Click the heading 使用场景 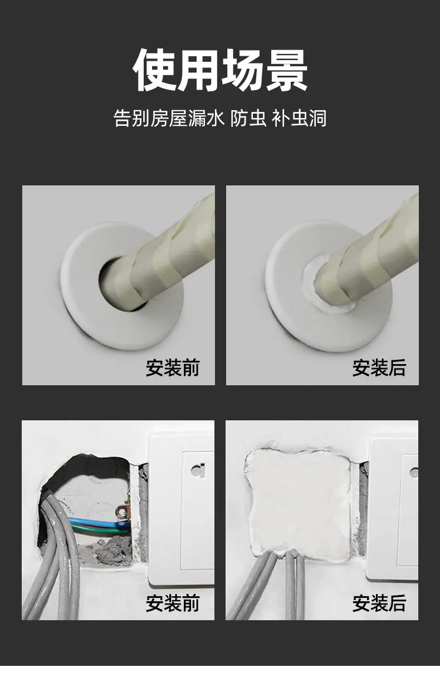pos(220,70)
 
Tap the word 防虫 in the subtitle pos(248,118)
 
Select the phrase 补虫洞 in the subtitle pos(299,118)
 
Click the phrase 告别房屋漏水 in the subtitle pos(169,118)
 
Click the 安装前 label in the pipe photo pos(173,367)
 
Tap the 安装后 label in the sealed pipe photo pos(379,367)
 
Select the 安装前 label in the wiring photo pos(173,603)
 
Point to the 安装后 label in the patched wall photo pos(379,603)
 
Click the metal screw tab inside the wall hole pos(122,512)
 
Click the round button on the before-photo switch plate pos(198,470)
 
